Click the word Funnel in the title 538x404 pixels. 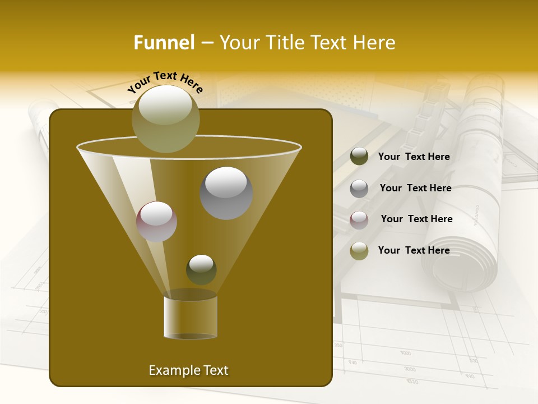pyautogui.click(x=164, y=43)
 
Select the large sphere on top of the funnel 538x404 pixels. pyautogui.click(x=165, y=118)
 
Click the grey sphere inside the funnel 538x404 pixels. pyautogui.click(x=226, y=192)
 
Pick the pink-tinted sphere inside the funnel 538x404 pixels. pyautogui.click(x=156, y=222)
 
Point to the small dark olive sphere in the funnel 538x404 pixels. pyautogui.click(x=201, y=269)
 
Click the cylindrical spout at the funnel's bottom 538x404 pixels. pyautogui.click(x=191, y=316)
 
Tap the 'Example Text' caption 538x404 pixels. pyautogui.click(x=188, y=370)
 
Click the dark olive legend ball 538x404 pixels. pyautogui.click(x=359, y=157)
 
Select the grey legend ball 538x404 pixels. pyautogui.click(x=359, y=189)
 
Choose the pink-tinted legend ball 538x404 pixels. pyautogui.click(x=359, y=220)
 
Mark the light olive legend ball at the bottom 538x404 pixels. pyautogui.click(x=359, y=251)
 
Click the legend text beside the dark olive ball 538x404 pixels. pyautogui.click(x=414, y=157)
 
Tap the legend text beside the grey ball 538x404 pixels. pyautogui.click(x=415, y=189)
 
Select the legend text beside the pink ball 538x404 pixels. pyautogui.click(x=416, y=219)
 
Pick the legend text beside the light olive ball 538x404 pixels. pyautogui.click(x=414, y=250)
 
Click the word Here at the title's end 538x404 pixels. pyautogui.click(x=374, y=43)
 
